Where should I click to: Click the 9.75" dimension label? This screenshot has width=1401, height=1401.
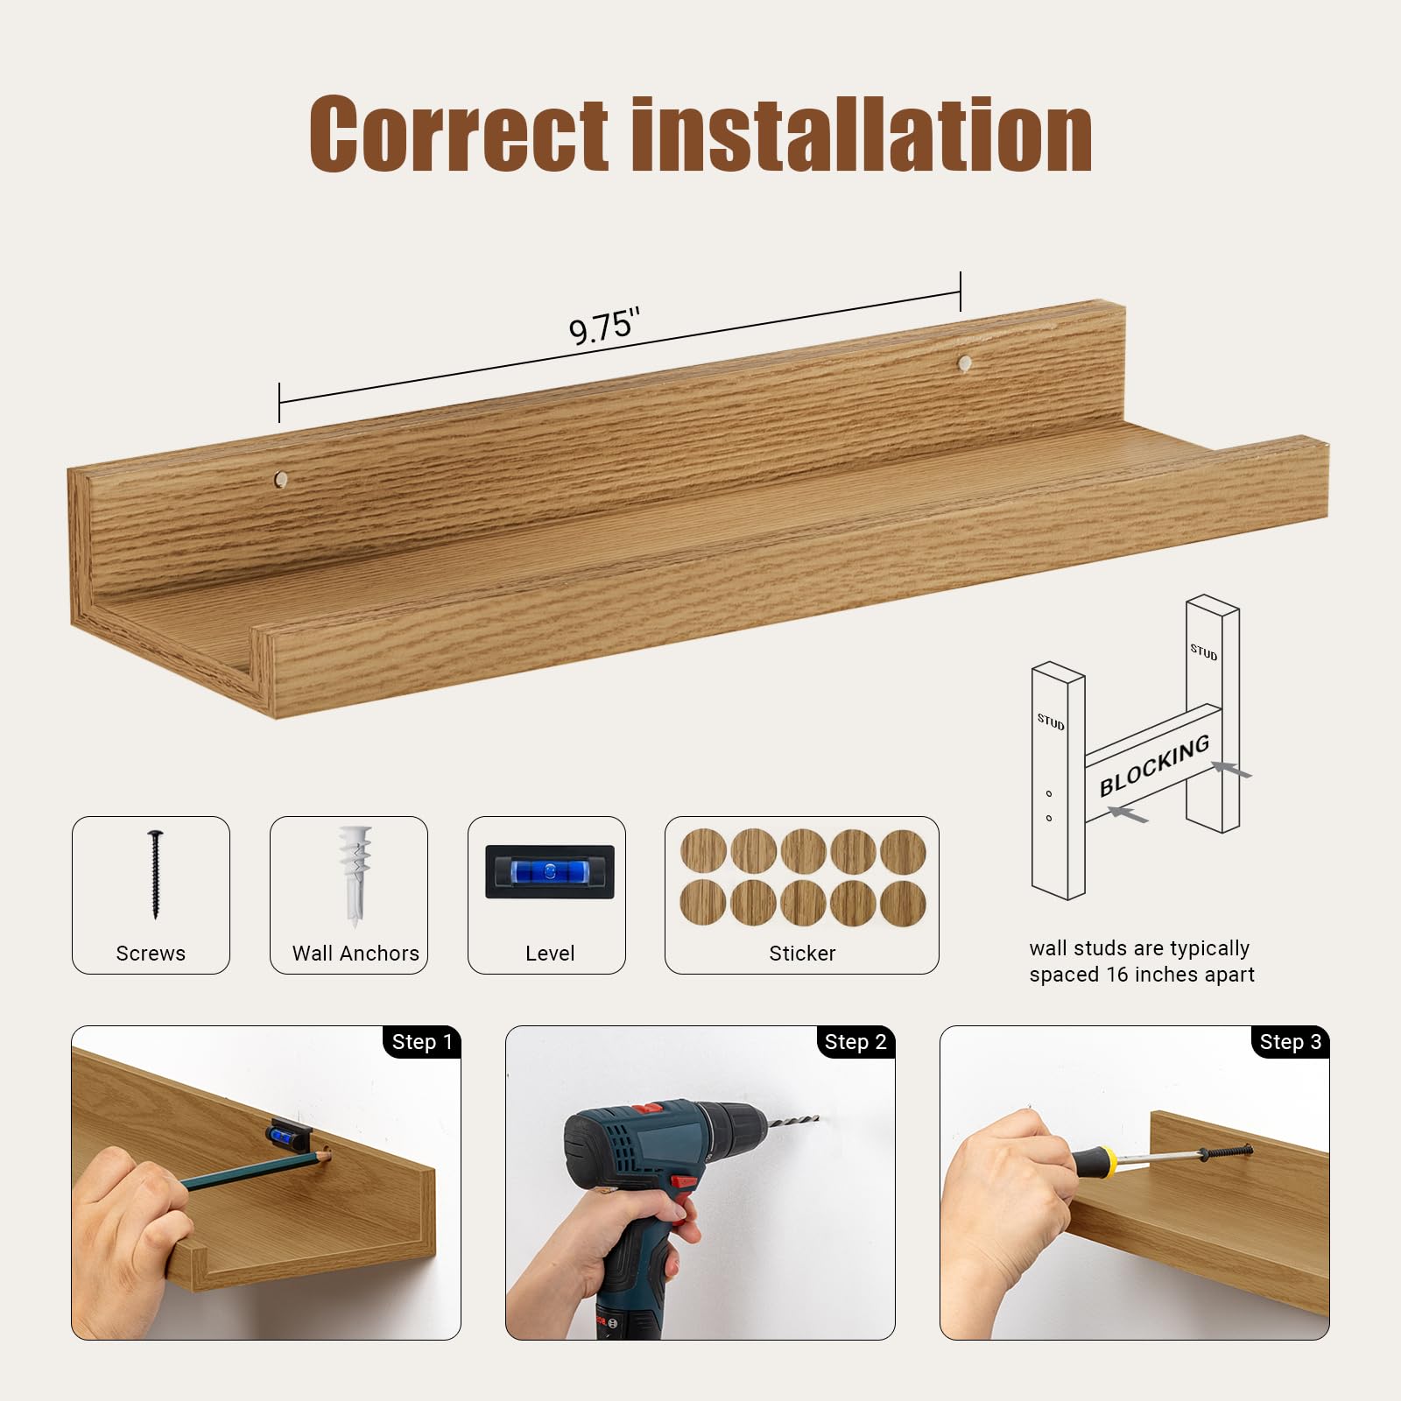[604, 326]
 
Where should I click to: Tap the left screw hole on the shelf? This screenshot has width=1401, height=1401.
[281, 479]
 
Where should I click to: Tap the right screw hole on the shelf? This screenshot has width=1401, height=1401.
[964, 363]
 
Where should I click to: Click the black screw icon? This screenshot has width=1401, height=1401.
[156, 874]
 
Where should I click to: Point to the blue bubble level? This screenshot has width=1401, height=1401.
[550, 871]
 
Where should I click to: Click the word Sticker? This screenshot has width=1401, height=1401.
[802, 953]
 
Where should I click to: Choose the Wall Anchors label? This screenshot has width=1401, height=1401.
[356, 953]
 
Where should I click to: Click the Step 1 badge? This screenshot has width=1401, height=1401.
[421, 1042]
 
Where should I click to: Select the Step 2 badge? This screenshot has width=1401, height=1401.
[855, 1042]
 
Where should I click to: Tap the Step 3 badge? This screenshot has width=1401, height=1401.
[1290, 1042]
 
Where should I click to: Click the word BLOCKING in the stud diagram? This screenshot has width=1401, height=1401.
[1155, 765]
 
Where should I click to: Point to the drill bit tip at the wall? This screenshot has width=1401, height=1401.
[816, 1117]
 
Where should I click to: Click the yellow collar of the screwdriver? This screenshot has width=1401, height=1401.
[1107, 1162]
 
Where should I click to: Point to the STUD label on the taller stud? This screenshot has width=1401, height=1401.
[1203, 651]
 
